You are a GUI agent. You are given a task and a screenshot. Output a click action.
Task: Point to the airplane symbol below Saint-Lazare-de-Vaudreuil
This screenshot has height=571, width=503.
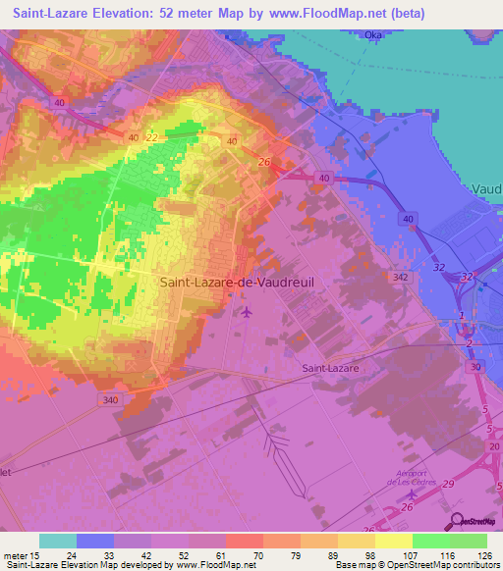tap(246, 312)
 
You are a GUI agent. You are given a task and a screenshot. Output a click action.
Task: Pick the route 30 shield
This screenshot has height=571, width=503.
tap(475, 366)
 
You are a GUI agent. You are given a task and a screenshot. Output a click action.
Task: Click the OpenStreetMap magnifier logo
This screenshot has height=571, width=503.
tap(458, 521)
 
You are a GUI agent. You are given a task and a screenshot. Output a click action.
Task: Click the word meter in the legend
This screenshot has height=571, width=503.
tap(18, 556)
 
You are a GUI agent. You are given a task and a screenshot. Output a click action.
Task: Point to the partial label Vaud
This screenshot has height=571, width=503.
tap(486, 189)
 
